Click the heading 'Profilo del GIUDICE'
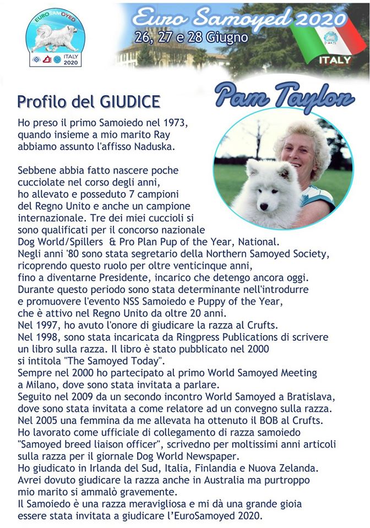(89, 102)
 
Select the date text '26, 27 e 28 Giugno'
(191, 38)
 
